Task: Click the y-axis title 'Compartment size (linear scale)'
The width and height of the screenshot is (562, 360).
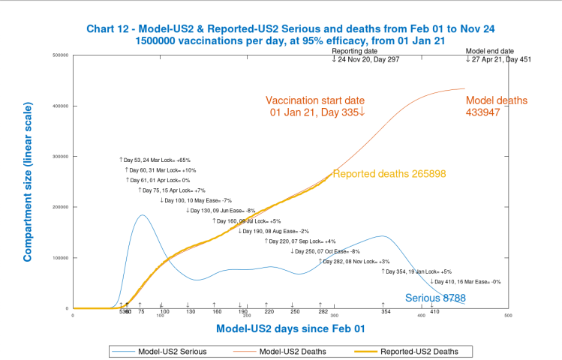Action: coord(28,184)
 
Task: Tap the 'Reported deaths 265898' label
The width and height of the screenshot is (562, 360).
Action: coord(389,174)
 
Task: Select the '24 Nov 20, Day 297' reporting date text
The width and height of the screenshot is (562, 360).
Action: coord(368,58)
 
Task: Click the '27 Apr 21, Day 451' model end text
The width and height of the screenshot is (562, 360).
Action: coord(498,58)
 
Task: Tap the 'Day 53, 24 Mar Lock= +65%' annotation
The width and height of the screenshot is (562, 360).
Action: coord(155,160)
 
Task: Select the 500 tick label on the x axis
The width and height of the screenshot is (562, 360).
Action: coord(508,316)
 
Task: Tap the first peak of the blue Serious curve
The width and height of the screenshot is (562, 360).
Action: coord(141,216)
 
